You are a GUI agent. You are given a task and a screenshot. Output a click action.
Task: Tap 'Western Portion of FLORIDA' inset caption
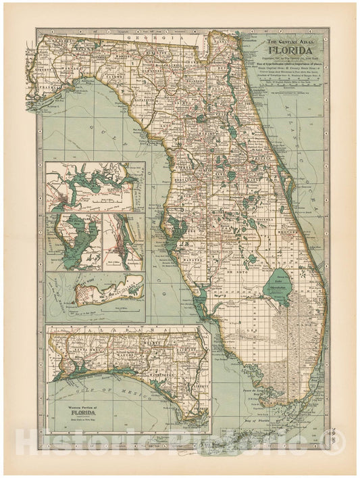pyautogui.click(x=86, y=410)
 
